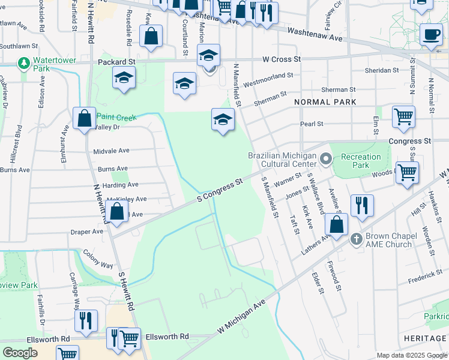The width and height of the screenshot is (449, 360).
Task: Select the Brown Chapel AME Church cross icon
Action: (356, 239)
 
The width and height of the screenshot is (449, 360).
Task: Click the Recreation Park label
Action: (361, 161)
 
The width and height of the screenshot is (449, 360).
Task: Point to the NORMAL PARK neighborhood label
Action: (326, 103)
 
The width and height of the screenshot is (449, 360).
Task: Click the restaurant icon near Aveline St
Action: (362, 205)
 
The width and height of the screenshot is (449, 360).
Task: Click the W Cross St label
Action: (281, 59)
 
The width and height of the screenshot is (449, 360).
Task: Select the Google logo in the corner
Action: (20, 353)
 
